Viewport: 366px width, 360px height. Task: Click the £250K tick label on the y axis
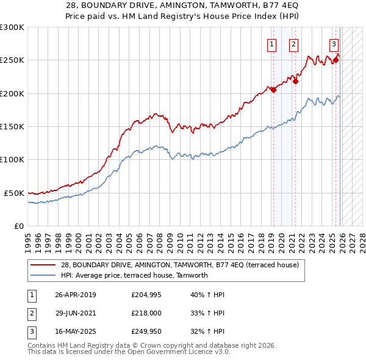pos(12,60)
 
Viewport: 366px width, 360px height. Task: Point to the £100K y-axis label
pos(12,159)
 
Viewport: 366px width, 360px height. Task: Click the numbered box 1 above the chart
pos(271,44)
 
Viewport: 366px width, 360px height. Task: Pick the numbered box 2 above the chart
pos(293,44)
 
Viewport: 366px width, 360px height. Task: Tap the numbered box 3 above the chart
pos(334,44)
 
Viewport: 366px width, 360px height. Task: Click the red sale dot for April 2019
pos(273,90)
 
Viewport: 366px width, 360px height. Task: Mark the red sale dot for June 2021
pos(295,81)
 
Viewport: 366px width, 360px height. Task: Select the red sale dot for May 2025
pos(335,60)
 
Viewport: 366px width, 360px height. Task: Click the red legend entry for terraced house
pos(179,265)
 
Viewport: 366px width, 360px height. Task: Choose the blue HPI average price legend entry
pos(134,275)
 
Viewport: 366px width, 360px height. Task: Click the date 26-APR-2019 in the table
pos(76,295)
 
